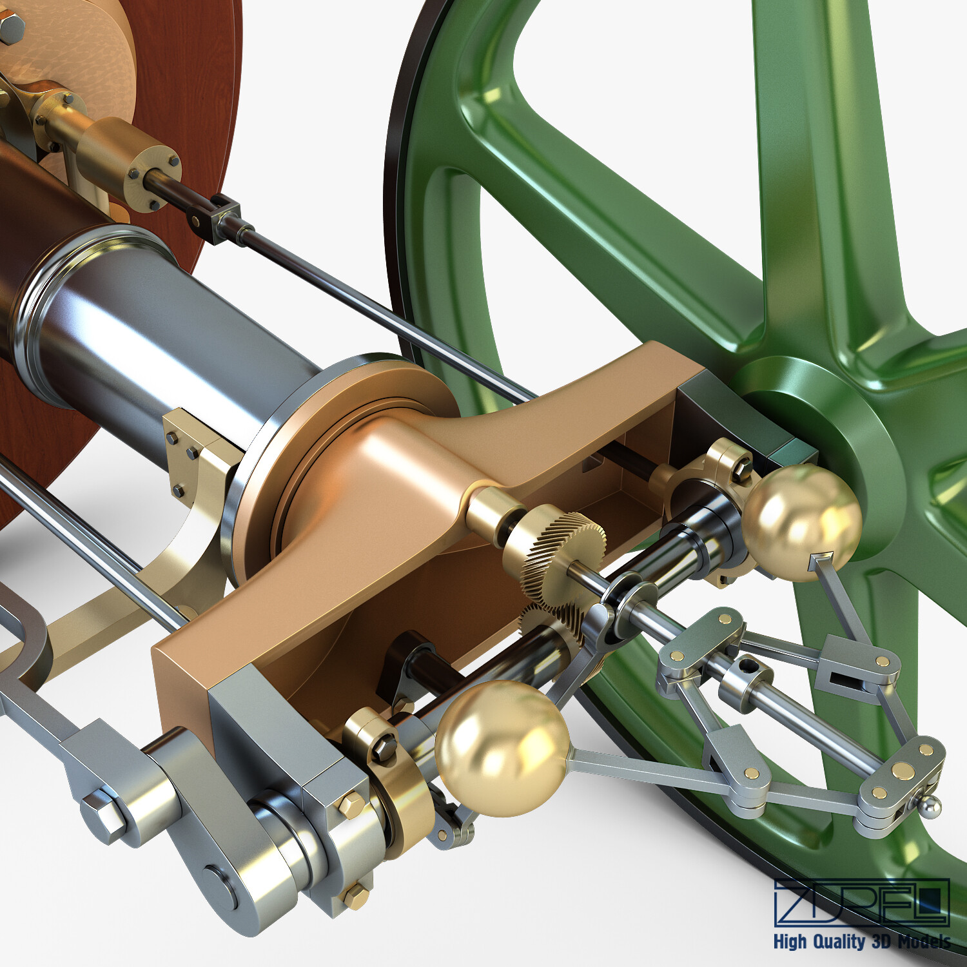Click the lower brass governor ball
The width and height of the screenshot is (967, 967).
[502, 748]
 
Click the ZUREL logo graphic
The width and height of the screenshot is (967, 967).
[862, 903]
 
